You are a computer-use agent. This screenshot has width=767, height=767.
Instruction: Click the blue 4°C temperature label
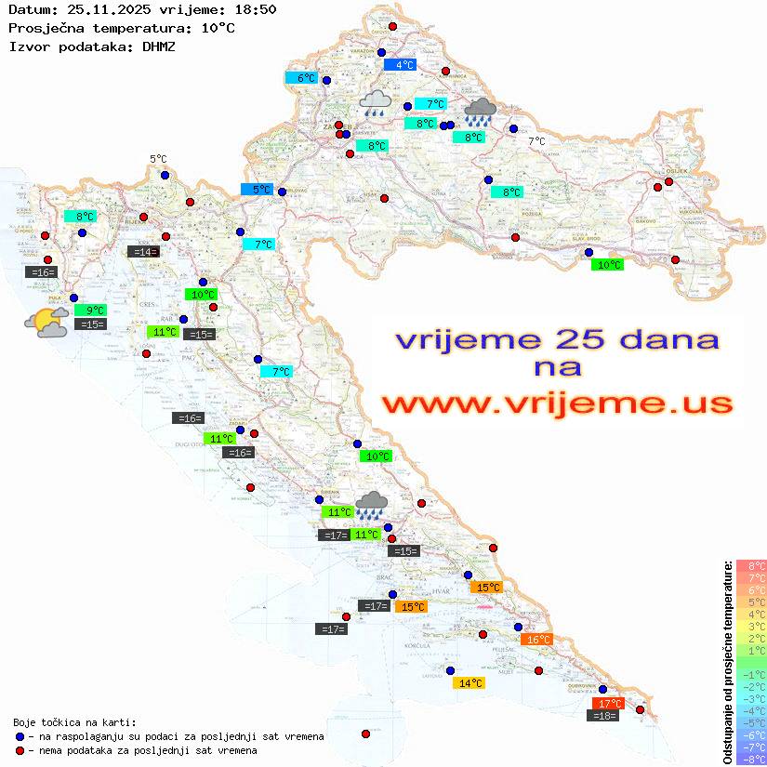[399, 65]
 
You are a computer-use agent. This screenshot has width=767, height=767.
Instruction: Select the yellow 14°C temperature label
[468, 682]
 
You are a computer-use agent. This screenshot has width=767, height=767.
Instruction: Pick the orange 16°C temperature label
[538, 640]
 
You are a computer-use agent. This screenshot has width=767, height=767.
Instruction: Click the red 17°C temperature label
[608, 703]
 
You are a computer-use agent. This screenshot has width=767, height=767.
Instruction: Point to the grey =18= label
[604, 715]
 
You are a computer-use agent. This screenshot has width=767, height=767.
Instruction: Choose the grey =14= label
[143, 251]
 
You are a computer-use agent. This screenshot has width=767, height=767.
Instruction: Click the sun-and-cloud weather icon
[46, 323]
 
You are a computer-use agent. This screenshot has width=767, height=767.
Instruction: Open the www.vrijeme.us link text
[556, 404]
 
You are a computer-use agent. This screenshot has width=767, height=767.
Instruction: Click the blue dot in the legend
[20, 736]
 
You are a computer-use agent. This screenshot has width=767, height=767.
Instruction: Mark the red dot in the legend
[20, 750]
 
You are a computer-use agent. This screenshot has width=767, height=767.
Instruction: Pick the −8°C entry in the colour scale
[750, 759]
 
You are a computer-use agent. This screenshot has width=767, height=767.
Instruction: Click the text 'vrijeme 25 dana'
[556, 340]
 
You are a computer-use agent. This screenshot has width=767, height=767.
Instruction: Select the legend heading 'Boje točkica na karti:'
[74, 722]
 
